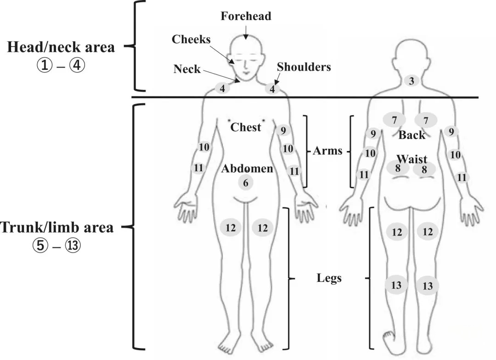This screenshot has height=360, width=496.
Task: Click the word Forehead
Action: coord(246,16)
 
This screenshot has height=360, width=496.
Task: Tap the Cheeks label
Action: coord(191,39)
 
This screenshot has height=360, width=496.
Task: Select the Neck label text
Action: coord(187,69)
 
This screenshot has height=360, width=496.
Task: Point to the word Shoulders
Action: coord(304,67)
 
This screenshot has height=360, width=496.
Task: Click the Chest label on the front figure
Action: coord(246,127)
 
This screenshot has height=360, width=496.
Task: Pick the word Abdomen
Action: coord(247,169)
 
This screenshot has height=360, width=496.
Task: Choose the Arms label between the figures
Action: coord(327,151)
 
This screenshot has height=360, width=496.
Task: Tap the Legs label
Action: coord(329,278)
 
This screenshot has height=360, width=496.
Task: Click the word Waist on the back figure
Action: coord(412,159)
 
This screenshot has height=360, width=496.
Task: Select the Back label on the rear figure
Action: coord(411,135)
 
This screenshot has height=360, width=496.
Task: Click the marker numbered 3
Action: coord(411,81)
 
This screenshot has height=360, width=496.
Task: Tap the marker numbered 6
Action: coord(246,183)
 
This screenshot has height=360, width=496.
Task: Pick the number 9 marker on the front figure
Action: coord(283,130)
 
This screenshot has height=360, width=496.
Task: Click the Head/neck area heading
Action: coord(61,47)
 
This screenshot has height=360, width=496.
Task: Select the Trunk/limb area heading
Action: coord(57,227)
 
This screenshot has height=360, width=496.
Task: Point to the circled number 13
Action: coord(73,245)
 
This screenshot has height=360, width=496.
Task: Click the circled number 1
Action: coord(45,65)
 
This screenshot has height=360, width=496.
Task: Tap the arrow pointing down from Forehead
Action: coord(246,33)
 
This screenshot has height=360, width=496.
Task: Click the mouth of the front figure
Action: coord(247,73)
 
